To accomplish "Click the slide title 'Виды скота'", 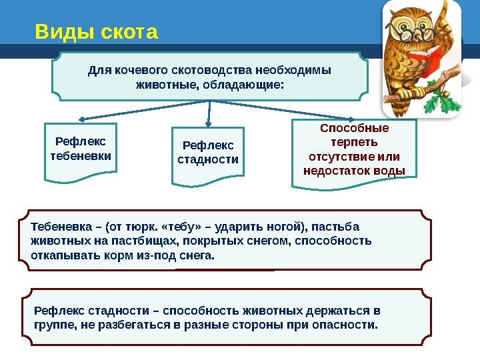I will [x=97, y=31].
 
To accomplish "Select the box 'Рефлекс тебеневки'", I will [x=81, y=149].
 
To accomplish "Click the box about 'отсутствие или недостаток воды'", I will [x=354, y=149].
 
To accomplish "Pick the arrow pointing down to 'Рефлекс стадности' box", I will [x=209, y=113].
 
